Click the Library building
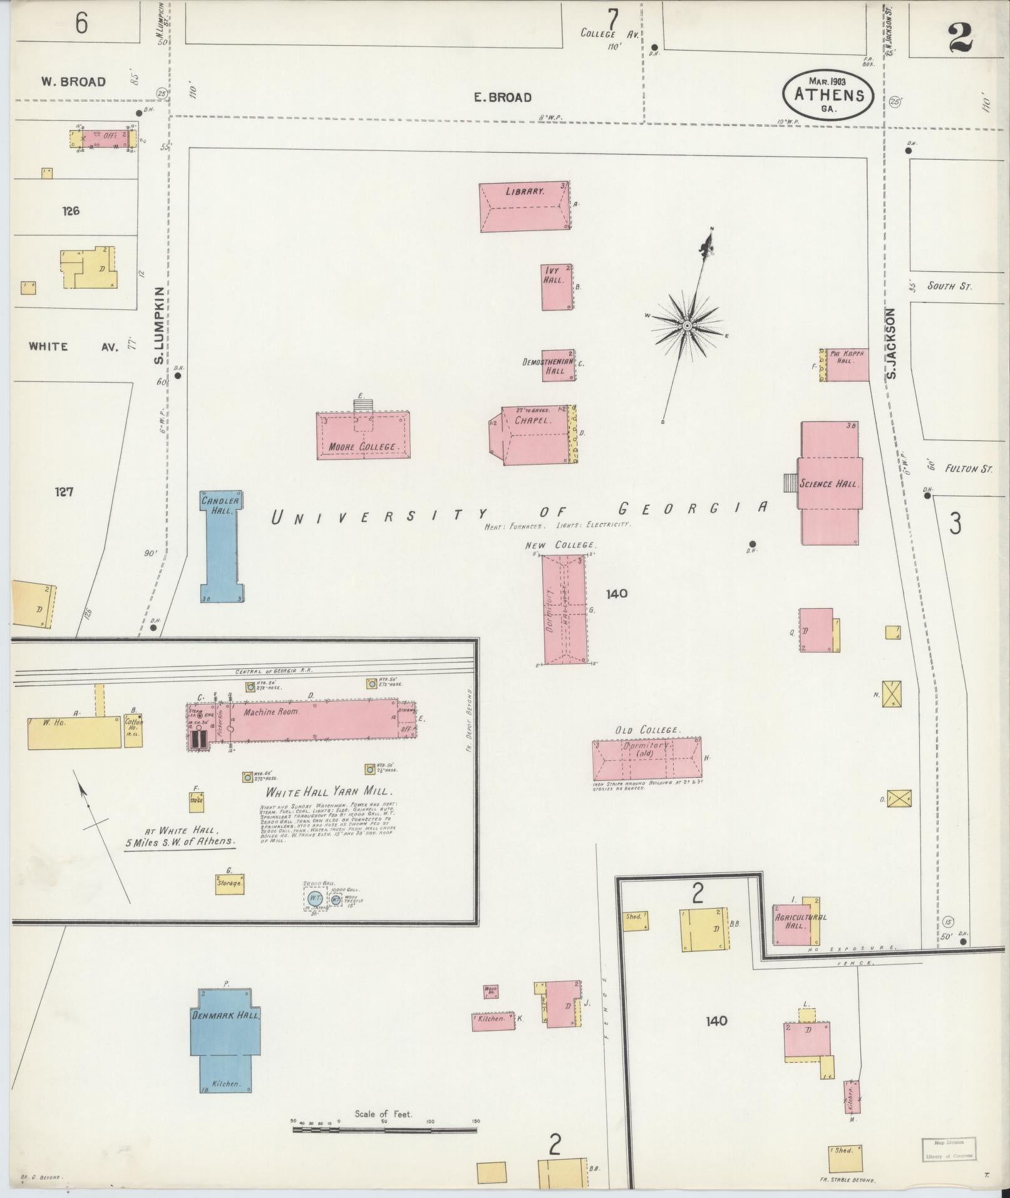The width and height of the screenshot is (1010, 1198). (525, 207)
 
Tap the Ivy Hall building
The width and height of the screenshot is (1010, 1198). (557, 287)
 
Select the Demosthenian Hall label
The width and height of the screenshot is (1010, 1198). (544, 366)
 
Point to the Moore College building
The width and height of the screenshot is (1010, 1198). (363, 436)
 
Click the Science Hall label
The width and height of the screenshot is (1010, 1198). (829, 483)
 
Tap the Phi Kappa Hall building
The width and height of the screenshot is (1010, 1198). (847, 364)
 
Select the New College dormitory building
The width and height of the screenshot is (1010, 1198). (564, 609)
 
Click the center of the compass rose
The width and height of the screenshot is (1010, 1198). (687, 326)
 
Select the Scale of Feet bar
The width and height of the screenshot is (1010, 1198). (384, 691)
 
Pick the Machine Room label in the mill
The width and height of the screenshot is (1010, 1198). (272, 711)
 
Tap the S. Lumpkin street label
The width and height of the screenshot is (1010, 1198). (159, 326)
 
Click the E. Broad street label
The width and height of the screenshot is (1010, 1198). (502, 97)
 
